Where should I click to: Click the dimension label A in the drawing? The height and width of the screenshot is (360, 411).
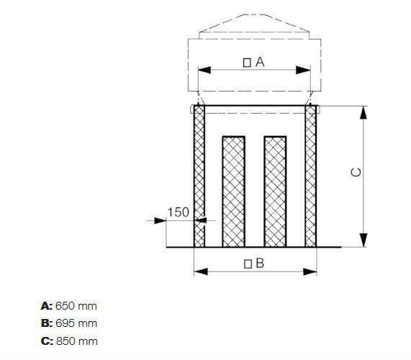[x=260, y=62]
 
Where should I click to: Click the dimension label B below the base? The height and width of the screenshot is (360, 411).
[x=260, y=263]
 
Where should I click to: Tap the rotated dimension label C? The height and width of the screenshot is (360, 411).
[x=356, y=173]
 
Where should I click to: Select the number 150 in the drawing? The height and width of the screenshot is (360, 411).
[x=179, y=212]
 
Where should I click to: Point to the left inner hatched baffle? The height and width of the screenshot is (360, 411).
[x=232, y=190]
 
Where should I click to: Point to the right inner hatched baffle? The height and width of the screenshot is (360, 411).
[x=275, y=190]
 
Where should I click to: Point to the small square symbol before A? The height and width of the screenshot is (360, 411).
[x=247, y=63]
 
